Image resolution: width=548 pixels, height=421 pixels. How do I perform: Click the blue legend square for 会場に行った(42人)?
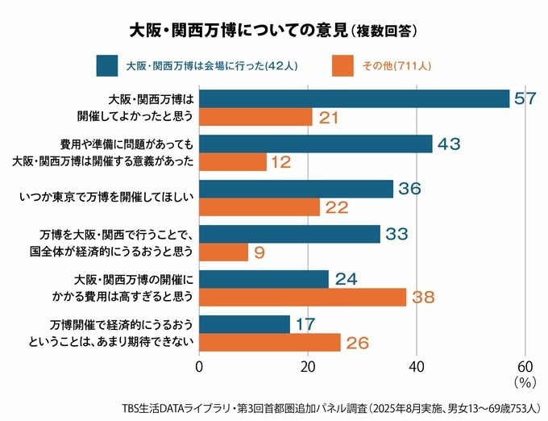(103, 65)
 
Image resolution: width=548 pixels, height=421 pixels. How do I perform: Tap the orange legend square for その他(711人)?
(342, 65)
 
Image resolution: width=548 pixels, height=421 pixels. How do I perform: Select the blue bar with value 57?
(355, 98)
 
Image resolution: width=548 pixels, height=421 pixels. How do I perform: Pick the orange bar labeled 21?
(255, 118)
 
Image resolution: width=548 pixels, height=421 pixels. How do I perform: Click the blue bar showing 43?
(316, 144)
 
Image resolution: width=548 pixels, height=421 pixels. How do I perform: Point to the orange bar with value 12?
(232, 162)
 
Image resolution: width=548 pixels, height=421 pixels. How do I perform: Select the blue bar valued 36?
(296, 189)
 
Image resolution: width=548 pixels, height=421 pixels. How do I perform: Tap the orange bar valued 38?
(302, 298)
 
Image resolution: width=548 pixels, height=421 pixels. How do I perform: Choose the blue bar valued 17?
(244, 324)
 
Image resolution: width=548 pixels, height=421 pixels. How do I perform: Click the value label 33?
(396, 234)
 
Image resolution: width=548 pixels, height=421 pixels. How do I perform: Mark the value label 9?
(260, 253)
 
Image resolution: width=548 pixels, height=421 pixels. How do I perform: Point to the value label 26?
(357, 344)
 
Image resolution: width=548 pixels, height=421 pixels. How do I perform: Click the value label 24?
(347, 279)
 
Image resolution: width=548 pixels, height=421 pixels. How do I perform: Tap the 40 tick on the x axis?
(417, 365)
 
